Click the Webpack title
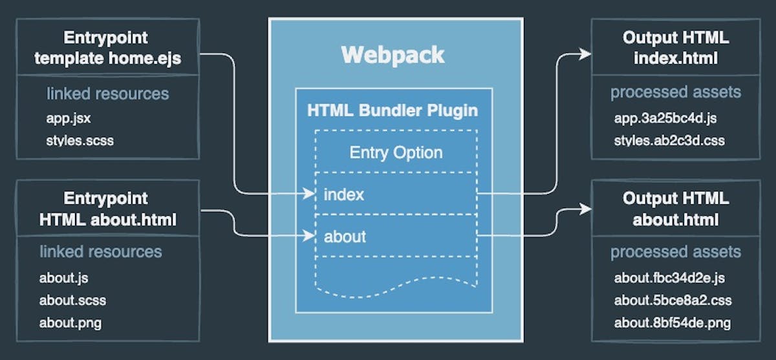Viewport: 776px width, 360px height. [393, 55]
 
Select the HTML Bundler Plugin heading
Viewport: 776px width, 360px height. [393, 111]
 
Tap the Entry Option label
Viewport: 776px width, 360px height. [396, 153]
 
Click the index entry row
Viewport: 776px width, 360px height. [344, 194]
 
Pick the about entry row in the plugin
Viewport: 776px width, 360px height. [345, 237]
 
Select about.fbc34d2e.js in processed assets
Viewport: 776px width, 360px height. [669, 279]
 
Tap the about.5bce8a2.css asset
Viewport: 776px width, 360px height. [673, 300]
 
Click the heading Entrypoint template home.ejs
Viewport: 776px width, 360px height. [107, 48]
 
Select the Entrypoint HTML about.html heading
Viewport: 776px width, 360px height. [107, 209]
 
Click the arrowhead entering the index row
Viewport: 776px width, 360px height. [308, 193]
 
